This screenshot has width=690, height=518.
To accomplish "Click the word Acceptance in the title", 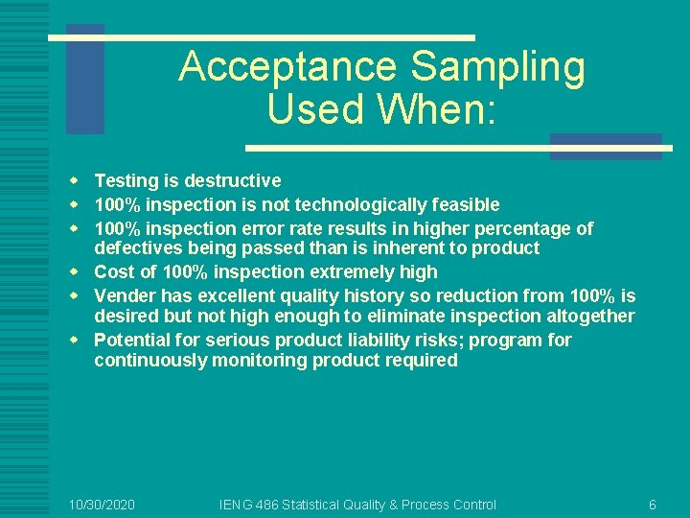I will click(288, 67).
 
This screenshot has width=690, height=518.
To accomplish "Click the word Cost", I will click(113, 272).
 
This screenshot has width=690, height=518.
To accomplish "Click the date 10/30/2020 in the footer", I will click(103, 505).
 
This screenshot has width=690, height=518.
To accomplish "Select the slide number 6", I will click(653, 505).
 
